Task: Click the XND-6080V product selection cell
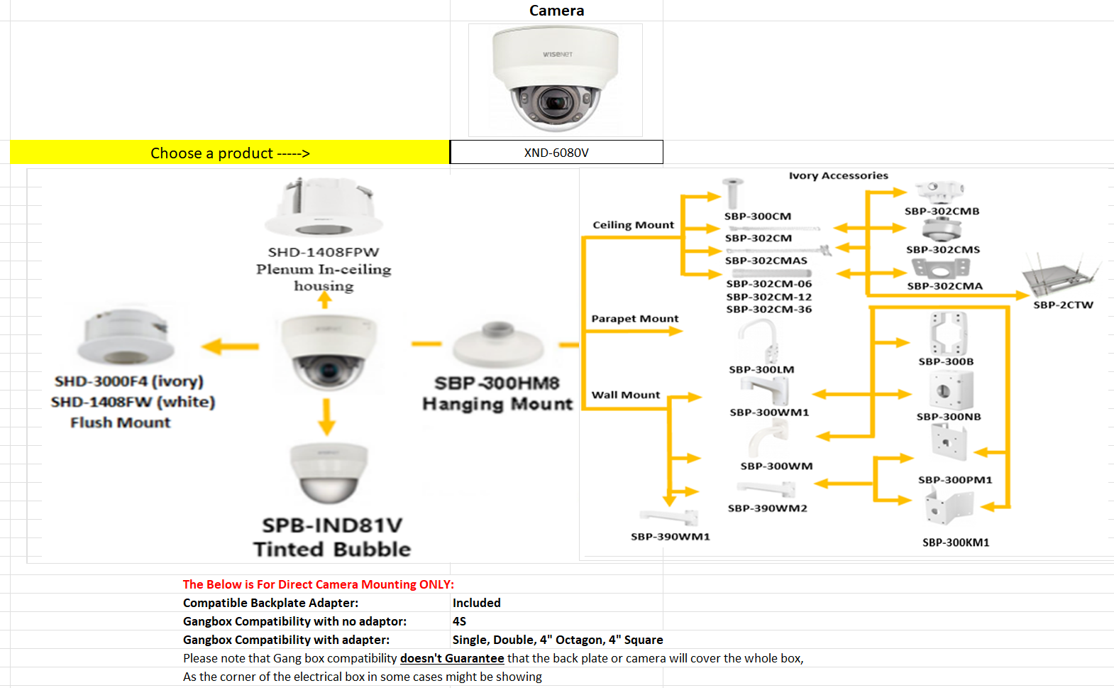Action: click(556, 153)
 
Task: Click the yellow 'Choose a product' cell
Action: click(230, 153)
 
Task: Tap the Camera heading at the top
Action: click(556, 11)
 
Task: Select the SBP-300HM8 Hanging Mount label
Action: click(497, 393)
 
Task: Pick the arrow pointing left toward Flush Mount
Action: click(230, 346)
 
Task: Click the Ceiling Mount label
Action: click(633, 225)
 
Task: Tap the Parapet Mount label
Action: click(634, 319)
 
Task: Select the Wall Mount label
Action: click(625, 395)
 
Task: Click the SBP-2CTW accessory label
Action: click(1063, 305)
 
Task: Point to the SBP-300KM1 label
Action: click(955, 542)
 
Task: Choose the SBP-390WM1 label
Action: click(670, 537)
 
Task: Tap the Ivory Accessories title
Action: click(838, 175)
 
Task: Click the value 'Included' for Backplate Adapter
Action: click(476, 603)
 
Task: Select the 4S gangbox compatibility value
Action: click(459, 621)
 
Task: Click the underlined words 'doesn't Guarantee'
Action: click(452, 658)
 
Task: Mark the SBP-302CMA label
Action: click(944, 286)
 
